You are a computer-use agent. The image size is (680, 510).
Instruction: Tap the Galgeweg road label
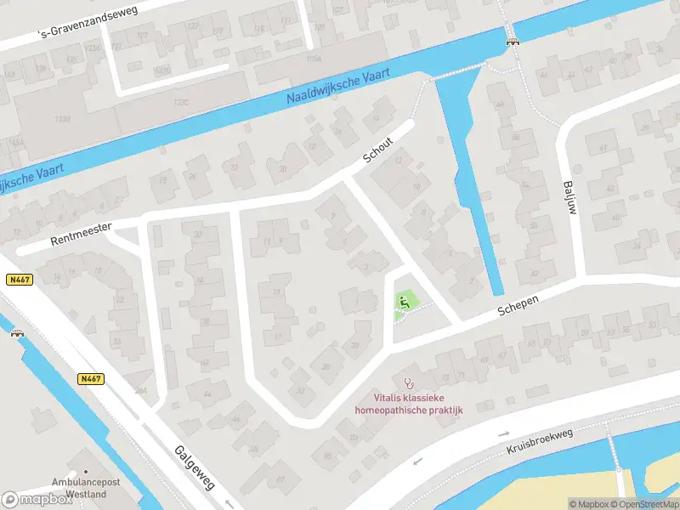[x=195, y=467]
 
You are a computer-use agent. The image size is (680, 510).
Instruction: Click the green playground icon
[x=404, y=300]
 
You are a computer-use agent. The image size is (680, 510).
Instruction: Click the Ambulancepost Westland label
[x=84, y=488]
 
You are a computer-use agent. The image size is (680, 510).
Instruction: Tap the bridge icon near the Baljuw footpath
[x=512, y=40]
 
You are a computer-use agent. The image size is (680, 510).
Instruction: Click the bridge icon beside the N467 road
[x=15, y=333]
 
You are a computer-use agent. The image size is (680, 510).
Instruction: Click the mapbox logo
[x=37, y=499]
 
